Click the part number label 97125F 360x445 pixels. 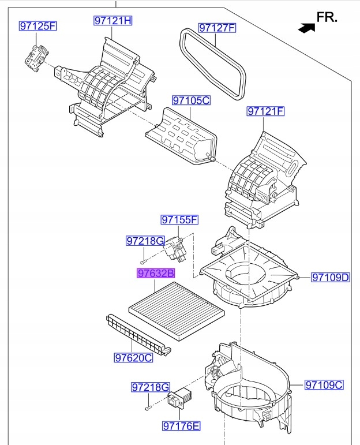(38, 26)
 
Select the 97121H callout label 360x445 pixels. (113, 21)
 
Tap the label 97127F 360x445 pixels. (217, 28)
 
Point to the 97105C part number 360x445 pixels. (191, 100)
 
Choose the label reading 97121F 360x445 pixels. (266, 111)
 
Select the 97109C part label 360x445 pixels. (324, 385)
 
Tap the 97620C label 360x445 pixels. (133, 358)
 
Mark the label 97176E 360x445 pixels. (181, 426)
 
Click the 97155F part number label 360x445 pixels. (179, 220)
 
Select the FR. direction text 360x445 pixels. (327, 17)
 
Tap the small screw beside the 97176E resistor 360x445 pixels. (148, 407)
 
